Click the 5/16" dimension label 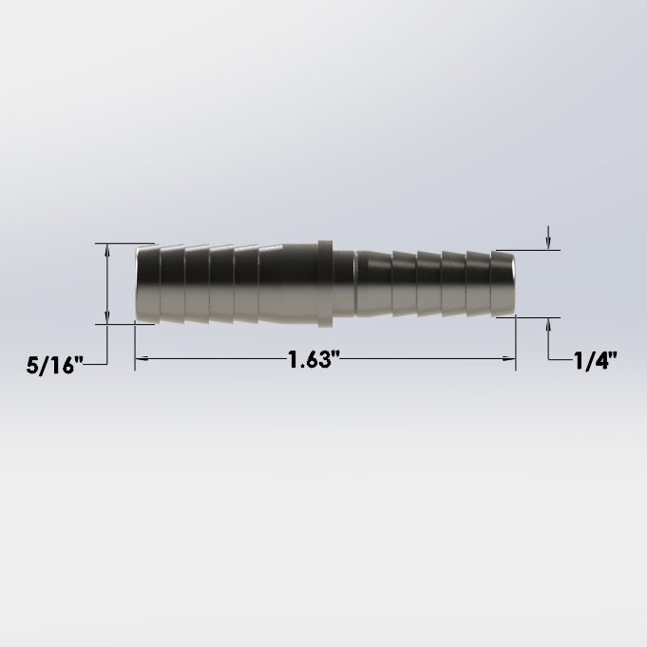tap(54, 366)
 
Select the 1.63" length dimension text tap(314, 359)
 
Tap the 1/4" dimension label tap(596, 361)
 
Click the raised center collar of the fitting tap(325, 284)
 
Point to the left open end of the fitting tap(138, 284)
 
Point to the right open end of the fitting tap(512, 284)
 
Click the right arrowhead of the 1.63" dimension tap(509, 359)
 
